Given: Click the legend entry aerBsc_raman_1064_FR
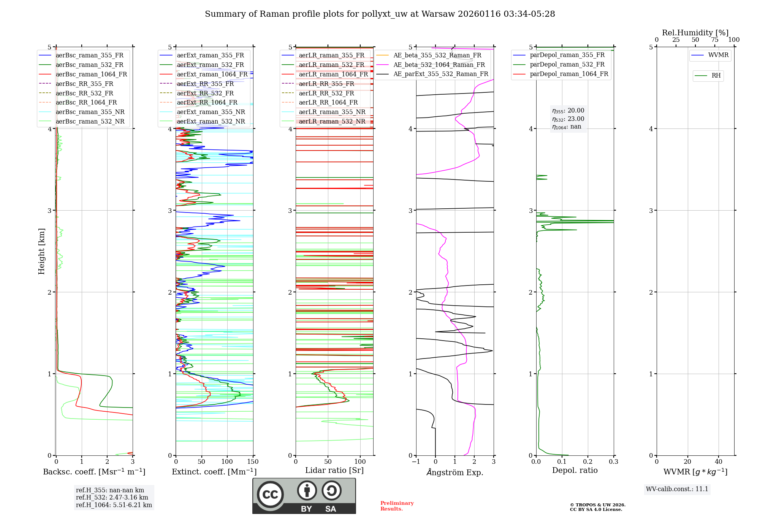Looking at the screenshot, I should [91, 74].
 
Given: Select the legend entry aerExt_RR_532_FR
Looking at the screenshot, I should [205, 93].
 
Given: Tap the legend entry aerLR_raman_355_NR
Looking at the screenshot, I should [332, 112].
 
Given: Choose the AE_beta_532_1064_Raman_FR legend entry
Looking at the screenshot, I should [439, 65].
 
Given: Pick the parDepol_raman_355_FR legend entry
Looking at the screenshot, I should [567, 55].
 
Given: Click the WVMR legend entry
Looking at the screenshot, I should [718, 55].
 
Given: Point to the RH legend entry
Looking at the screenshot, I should [716, 76].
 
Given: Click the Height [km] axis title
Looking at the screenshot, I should [41, 251].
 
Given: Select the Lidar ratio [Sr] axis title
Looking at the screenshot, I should [334, 470].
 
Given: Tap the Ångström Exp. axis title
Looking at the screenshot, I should [455, 472].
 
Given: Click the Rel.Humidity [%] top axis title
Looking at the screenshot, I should [695, 33].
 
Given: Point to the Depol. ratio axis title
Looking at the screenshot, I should [575, 470].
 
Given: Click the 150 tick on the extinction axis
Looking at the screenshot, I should [253, 462].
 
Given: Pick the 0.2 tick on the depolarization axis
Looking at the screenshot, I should [587, 462].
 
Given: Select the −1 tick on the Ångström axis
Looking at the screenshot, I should [416, 462].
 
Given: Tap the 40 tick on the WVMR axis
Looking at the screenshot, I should [718, 462].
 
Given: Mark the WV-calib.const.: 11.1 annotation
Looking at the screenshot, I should [677, 489].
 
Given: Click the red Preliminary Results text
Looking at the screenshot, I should [397, 506].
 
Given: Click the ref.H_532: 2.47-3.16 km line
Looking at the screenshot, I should [112, 497].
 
